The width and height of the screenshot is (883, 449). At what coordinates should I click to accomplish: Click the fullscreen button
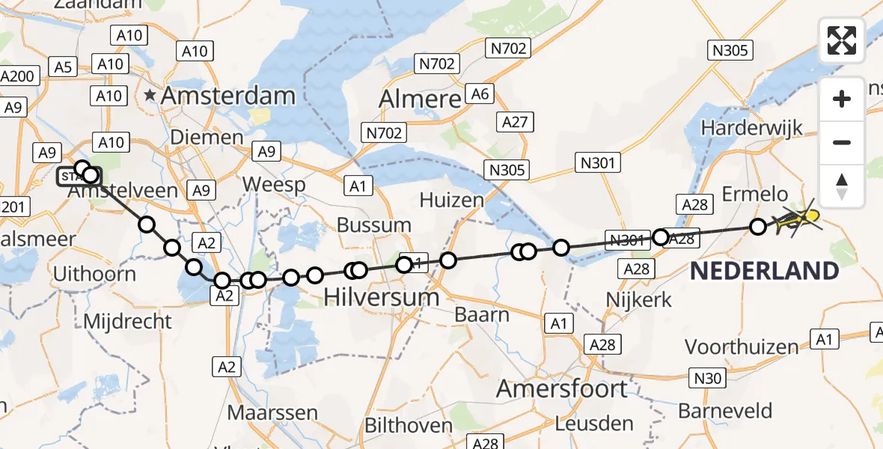pyautogui.click(x=842, y=40)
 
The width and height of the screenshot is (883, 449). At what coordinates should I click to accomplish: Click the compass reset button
pyautogui.click(x=842, y=186)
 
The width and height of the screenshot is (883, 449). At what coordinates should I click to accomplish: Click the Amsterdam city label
pyautogui.click(x=228, y=96)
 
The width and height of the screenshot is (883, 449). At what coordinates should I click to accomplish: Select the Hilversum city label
pyautogui.click(x=382, y=297)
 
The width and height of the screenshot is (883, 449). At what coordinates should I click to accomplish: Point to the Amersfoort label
pyautogui.click(x=563, y=389)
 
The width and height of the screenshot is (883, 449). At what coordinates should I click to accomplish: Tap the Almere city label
pyautogui.click(x=420, y=99)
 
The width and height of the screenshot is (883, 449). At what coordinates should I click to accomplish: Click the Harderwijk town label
pyautogui.click(x=751, y=127)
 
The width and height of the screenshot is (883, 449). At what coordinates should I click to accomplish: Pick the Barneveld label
pyautogui.click(x=725, y=411)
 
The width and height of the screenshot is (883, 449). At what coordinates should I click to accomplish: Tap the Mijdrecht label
pyautogui.click(x=129, y=322)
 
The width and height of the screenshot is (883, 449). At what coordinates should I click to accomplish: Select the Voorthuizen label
pyautogui.click(x=742, y=347)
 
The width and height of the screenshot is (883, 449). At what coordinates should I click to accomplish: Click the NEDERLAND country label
pyautogui.click(x=764, y=271)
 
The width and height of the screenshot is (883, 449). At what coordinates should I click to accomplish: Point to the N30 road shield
pyautogui.click(x=707, y=379)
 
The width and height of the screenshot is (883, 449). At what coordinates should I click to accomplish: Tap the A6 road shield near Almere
pyautogui.click(x=478, y=94)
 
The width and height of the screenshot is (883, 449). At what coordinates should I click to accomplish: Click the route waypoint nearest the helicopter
pyautogui.click(x=758, y=226)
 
